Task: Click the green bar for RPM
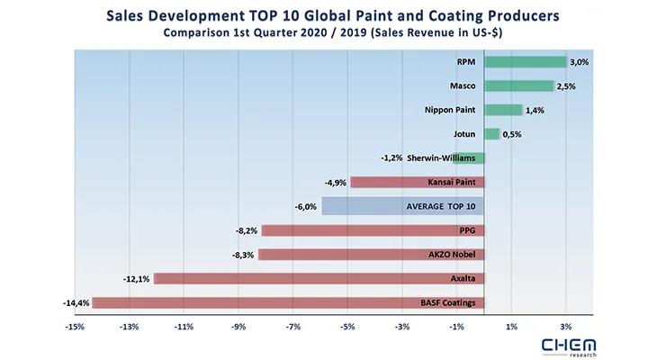coord(525,62)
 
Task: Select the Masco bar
coord(518,86)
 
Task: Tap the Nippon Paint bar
coord(503,110)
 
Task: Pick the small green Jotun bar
coord(491,134)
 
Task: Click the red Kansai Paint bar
coord(417,182)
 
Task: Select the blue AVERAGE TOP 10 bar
coord(402,206)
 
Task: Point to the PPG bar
coord(372,230)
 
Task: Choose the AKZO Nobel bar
coord(371,254)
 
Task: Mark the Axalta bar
coord(319,278)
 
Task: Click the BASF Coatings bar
coord(287,302)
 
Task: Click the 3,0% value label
coord(580,62)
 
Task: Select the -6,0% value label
coord(305,206)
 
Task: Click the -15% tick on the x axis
coord(76,325)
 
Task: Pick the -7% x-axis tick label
coord(293,325)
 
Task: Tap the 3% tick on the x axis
coord(566,325)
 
